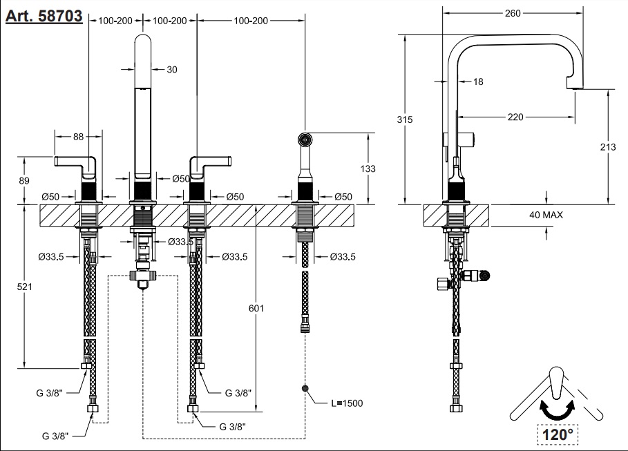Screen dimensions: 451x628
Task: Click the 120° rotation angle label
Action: click(x=557, y=434)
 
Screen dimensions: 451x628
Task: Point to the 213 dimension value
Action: click(x=609, y=147)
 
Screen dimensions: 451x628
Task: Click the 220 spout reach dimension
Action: click(x=515, y=117)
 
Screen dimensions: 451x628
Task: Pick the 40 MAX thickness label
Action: click(x=546, y=215)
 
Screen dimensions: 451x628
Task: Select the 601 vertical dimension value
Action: click(x=256, y=308)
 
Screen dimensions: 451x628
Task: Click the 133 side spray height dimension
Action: click(x=368, y=169)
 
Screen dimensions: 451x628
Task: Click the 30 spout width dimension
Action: click(x=172, y=69)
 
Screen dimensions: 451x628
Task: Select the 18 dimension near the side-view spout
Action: click(x=479, y=81)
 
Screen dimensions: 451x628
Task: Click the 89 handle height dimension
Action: click(x=25, y=180)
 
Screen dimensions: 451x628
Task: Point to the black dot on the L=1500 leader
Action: click(x=304, y=389)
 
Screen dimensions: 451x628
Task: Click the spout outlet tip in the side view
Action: click(x=575, y=86)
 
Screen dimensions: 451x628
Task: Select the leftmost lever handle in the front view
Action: click(x=73, y=163)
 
